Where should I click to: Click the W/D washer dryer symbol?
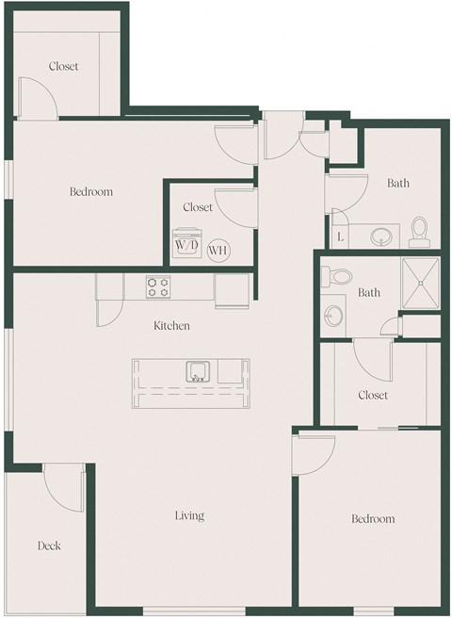pyautogui.click(x=185, y=244)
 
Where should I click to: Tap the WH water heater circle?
pyautogui.click(x=218, y=250)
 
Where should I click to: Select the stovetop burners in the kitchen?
pyautogui.click(x=157, y=286)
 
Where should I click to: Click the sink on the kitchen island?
pyautogui.click(x=198, y=370)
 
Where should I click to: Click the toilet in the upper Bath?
pyautogui.click(x=420, y=229)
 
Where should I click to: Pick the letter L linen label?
pyautogui.click(x=340, y=236)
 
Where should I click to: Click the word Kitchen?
pyautogui.click(x=172, y=326)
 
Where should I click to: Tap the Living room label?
pyautogui.click(x=188, y=516)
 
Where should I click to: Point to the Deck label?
pyautogui.click(x=49, y=546)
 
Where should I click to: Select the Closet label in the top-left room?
pyautogui.click(x=64, y=67)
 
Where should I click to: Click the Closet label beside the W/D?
pyautogui.click(x=198, y=207)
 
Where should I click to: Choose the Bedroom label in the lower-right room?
pyautogui.click(x=373, y=519)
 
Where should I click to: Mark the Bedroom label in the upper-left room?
pyautogui.click(x=91, y=192)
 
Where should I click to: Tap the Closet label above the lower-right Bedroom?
pyautogui.click(x=373, y=396)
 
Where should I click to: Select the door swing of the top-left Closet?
pyautogui.click(x=40, y=98)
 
